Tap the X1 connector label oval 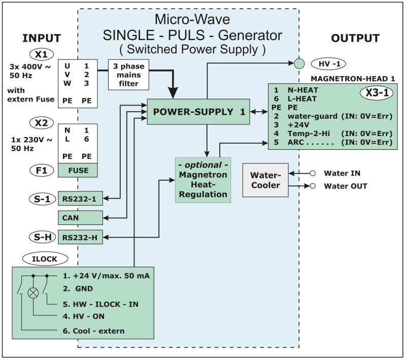(x=41, y=55)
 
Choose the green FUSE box (x=78, y=170)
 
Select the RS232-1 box (x=80, y=199)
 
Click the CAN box (x=80, y=218)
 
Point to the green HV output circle (x=299, y=63)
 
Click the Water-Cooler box (x=265, y=179)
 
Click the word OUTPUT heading (x=355, y=38)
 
